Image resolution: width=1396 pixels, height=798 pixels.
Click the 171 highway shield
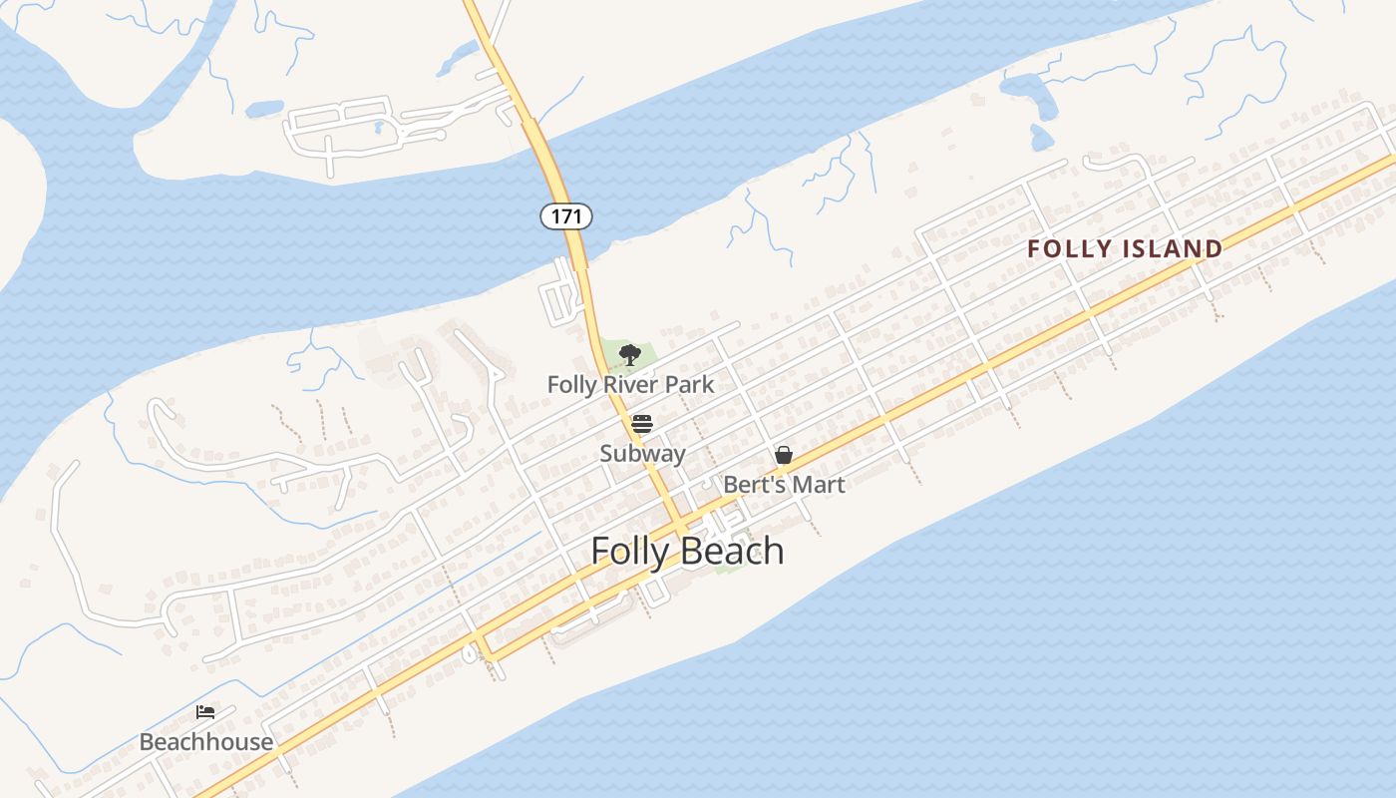click(x=566, y=215)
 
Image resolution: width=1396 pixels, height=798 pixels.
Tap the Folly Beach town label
click(x=687, y=551)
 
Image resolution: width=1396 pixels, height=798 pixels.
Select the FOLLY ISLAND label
click(x=1125, y=249)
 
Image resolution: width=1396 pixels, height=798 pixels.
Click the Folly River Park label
click(x=630, y=384)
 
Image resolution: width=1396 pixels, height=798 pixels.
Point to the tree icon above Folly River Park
click(x=629, y=354)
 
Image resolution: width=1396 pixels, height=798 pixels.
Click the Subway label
click(x=642, y=454)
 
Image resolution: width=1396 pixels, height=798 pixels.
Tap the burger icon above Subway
click(x=641, y=425)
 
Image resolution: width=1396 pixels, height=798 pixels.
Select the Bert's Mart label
click(x=784, y=485)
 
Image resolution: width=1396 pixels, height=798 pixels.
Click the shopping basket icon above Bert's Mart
click(x=784, y=456)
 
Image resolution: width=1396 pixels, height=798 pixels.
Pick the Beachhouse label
click(x=205, y=742)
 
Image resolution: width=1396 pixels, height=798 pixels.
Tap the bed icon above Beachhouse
click(x=205, y=712)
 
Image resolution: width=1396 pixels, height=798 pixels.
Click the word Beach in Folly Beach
click(x=732, y=551)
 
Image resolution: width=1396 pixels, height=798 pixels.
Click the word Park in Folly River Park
click(x=692, y=384)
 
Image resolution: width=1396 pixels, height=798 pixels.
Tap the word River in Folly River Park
click(x=633, y=384)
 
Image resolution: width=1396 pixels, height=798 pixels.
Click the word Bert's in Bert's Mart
click(x=753, y=485)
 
